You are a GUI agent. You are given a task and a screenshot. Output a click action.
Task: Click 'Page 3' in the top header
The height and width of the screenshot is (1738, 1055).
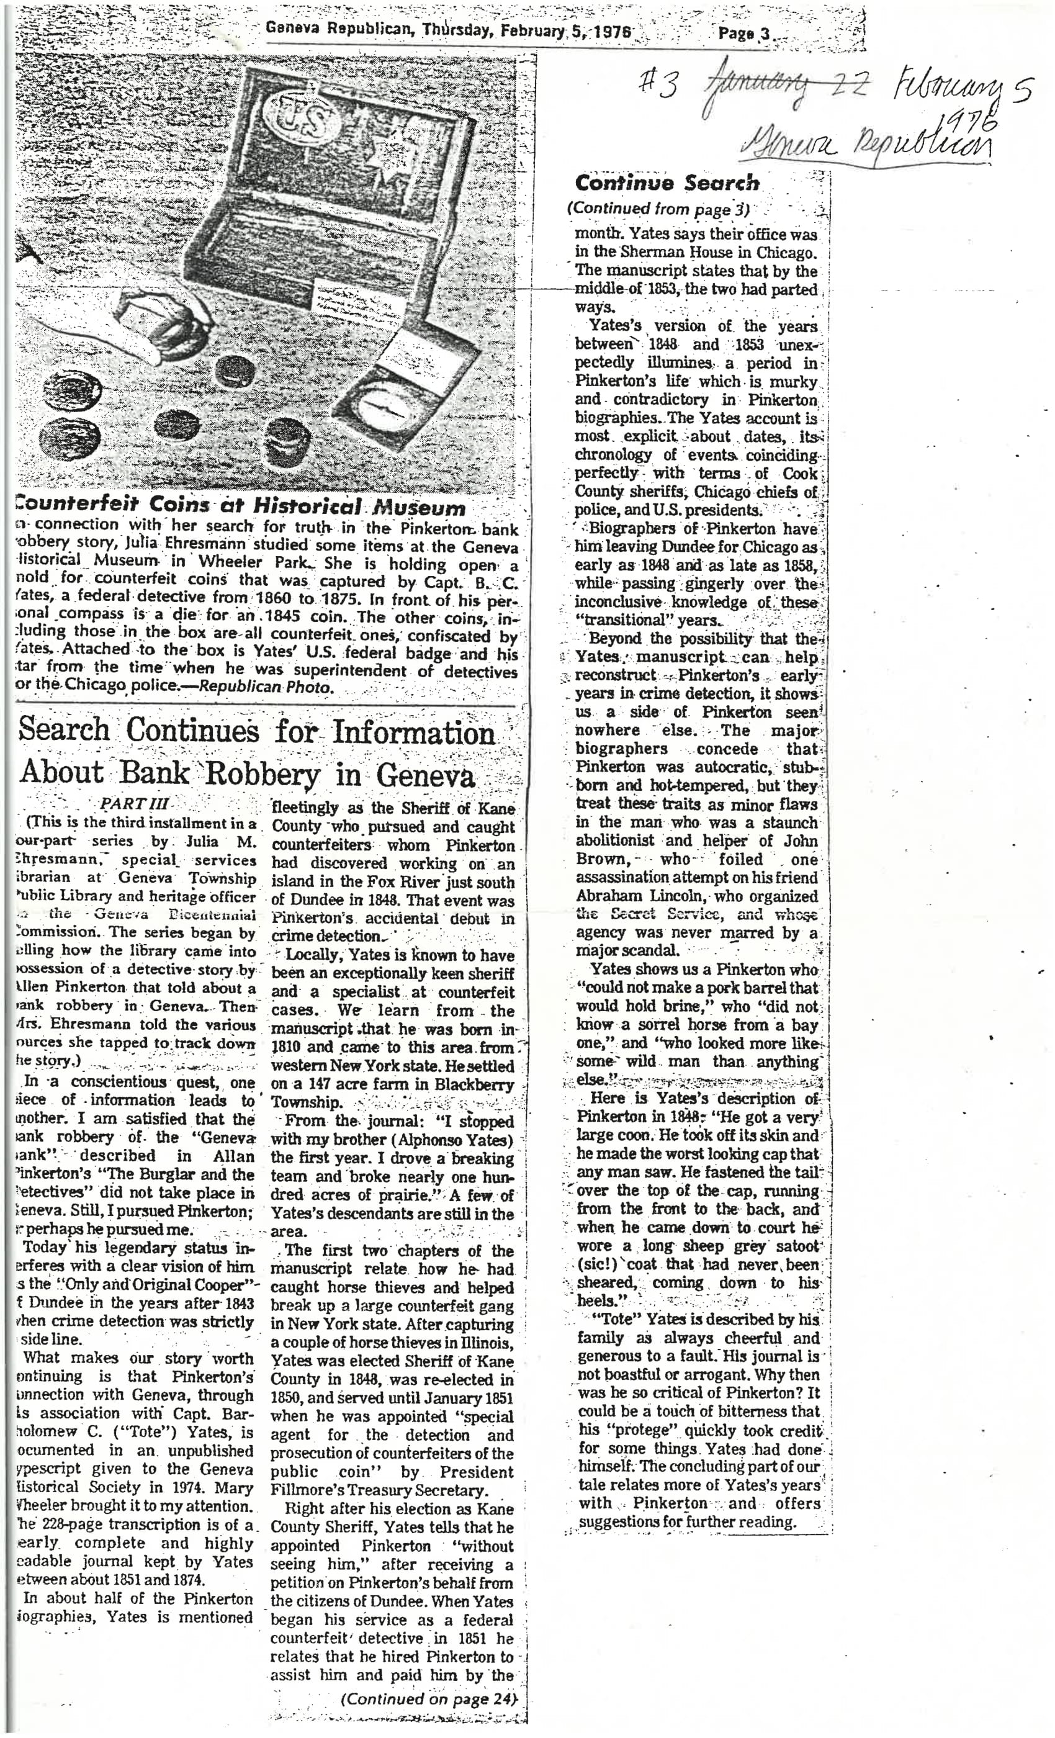click(743, 32)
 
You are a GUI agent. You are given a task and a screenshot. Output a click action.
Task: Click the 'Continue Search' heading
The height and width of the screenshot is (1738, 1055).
click(667, 183)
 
